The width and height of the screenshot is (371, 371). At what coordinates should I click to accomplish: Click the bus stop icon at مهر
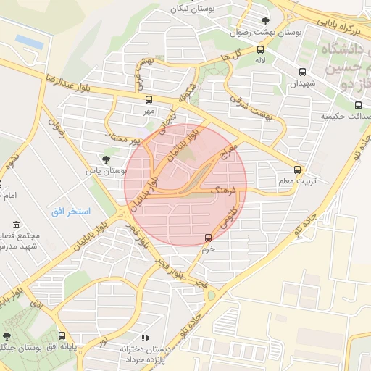(x=149, y=100)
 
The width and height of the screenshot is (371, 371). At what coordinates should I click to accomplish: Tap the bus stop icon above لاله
(x=259, y=49)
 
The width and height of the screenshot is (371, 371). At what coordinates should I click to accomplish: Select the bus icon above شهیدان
(x=303, y=72)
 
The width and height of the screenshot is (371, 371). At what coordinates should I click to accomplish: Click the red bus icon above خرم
(x=209, y=238)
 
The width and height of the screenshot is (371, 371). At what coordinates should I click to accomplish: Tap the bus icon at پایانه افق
(x=62, y=336)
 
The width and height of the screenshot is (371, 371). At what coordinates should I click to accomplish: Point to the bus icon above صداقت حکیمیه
(x=357, y=104)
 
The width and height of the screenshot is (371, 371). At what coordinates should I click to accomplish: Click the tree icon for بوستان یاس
(x=107, y=159)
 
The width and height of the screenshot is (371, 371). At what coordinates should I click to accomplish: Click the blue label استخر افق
(x=70, y=212)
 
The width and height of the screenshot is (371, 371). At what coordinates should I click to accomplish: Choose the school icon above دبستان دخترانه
(x=145, y=338)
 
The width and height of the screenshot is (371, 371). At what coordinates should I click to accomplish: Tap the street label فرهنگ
(x=221, y=193)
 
